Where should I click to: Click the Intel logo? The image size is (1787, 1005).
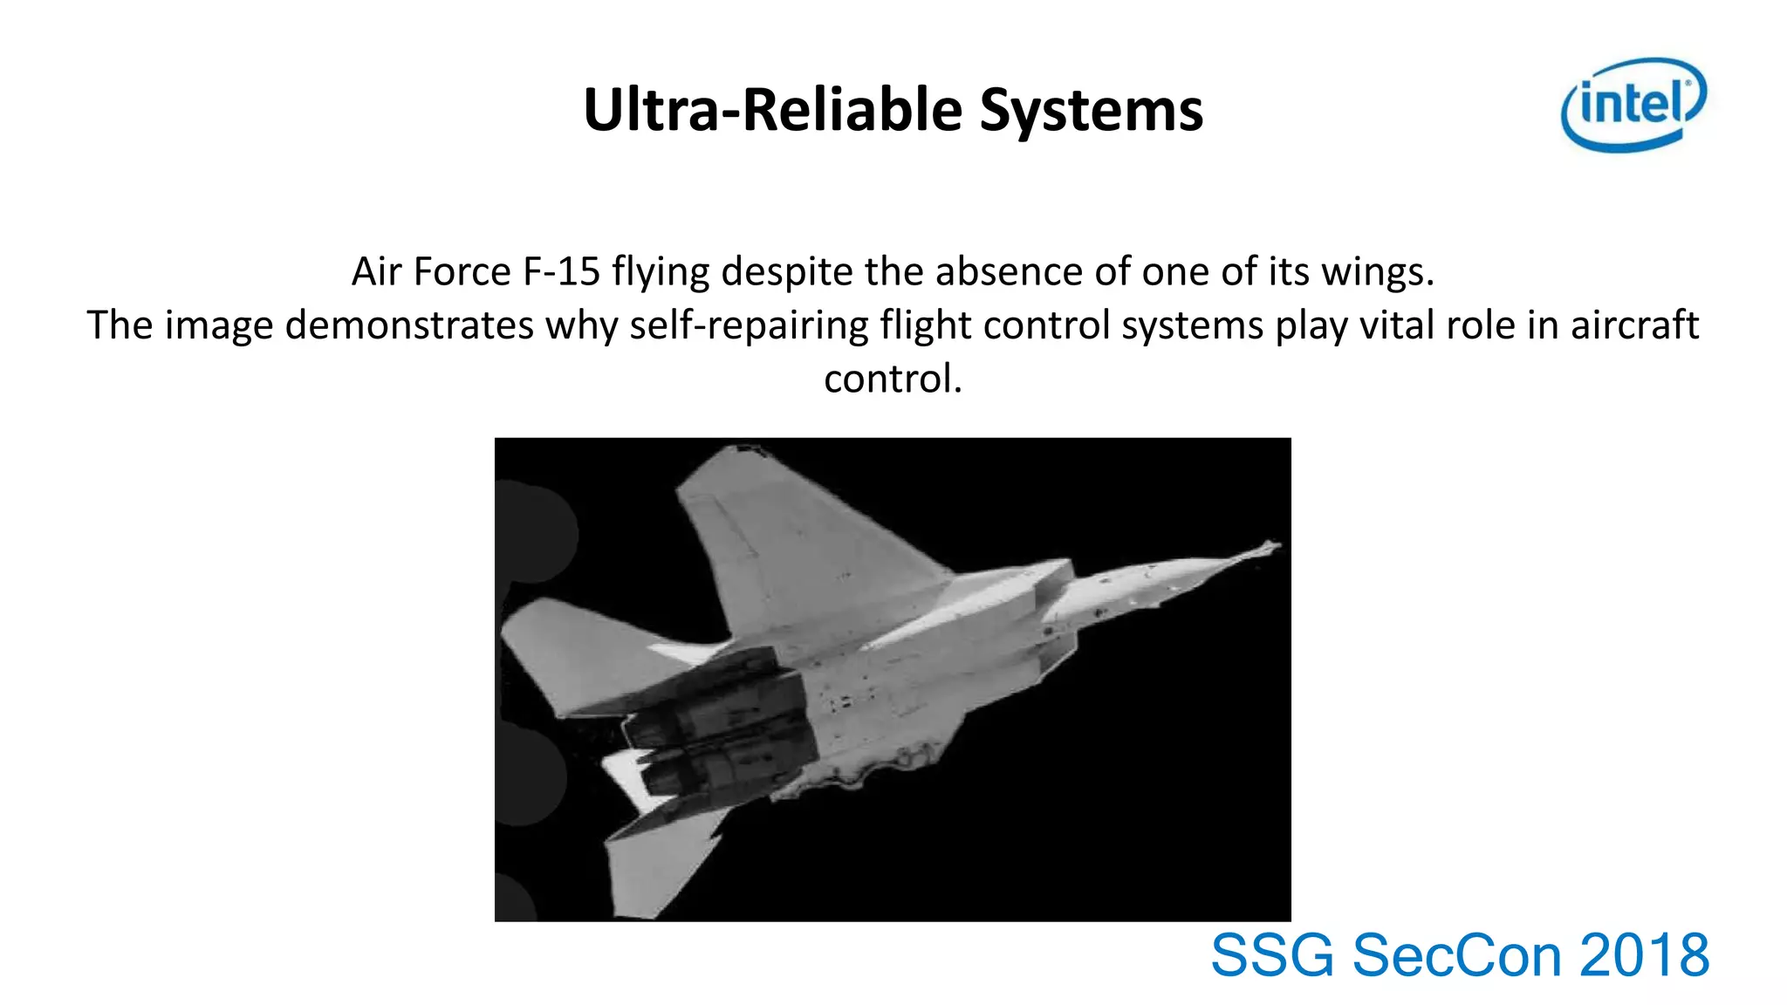(1633, 105)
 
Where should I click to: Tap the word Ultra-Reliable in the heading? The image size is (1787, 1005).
(772, 111)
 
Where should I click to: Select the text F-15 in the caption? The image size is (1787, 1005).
(561, 271)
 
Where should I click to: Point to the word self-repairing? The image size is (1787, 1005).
(749, 325)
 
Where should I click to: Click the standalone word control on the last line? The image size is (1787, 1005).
(892, 379)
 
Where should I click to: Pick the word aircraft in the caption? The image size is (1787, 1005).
(1634, 325)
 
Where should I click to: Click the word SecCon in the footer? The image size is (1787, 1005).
(1456, 955)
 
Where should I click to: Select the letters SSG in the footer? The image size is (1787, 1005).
(1272, 955)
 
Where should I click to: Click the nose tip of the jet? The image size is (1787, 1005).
(1276, 546)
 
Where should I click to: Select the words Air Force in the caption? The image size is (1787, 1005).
(431, 271)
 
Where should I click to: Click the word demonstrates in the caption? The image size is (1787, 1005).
(408, 325)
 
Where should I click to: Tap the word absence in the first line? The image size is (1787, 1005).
(1009, 271)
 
